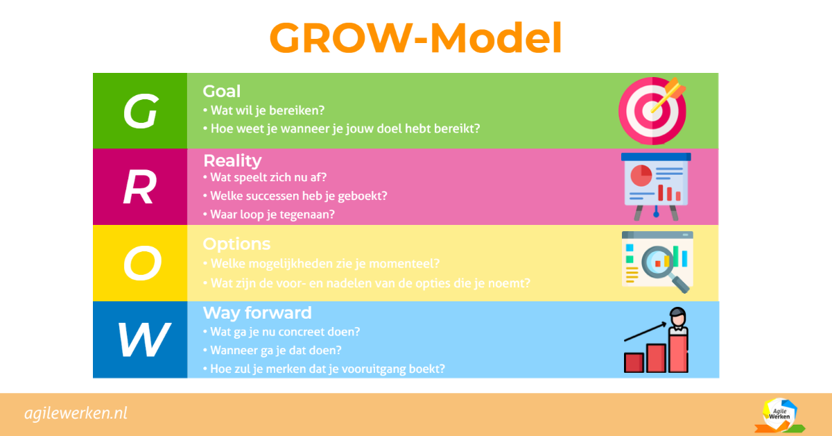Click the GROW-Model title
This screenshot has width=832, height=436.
[415, 38]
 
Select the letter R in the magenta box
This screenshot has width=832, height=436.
[139, 187]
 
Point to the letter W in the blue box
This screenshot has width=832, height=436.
[143, 339]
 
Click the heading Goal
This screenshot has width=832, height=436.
[221, 91]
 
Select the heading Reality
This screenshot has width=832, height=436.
[232, 160]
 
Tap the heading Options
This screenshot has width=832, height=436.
[236, 244]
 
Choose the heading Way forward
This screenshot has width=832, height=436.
[257, 312]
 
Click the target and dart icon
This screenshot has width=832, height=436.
[653, 110]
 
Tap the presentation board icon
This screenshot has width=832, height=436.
[656, 186]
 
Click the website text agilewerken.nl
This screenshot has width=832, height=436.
[76, 414]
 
